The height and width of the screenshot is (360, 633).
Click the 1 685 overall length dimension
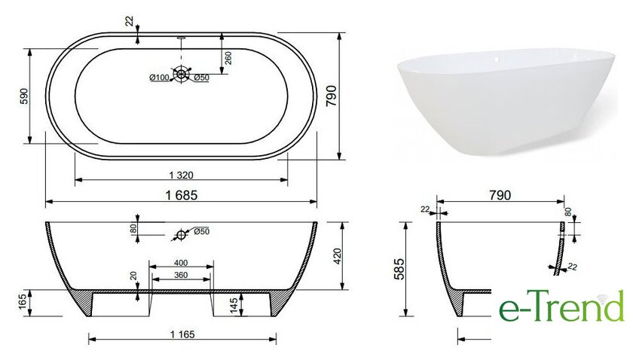(182, 195)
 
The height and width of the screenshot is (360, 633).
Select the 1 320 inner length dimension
(182, 175)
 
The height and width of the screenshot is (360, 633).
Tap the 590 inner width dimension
(25, 96)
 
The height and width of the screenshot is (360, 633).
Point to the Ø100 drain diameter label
(159, 78)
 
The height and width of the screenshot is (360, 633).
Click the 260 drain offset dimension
(228, 58)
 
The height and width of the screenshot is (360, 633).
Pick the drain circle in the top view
(181, 74)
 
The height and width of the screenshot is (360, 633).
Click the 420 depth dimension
(338, 256)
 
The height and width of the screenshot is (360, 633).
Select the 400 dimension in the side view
(181, 263)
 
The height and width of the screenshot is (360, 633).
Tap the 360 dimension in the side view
(181, 275)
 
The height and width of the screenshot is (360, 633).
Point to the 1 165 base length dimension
(182, 334)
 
